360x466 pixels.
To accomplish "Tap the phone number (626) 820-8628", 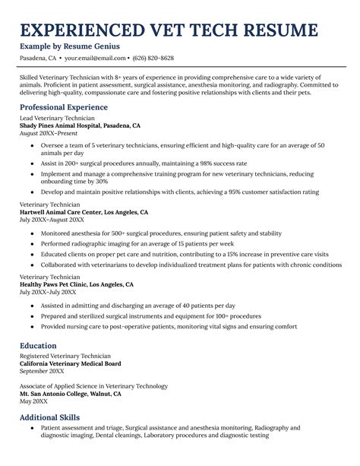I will click(153, 58).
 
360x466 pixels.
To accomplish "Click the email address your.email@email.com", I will click(95, 58).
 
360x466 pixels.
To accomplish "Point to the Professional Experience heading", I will click(64, 107).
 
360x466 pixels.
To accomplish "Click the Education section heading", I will click(42, 345).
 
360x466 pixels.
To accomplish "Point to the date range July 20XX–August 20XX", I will click(52, 220).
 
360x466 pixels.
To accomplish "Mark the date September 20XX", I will click(42, 370).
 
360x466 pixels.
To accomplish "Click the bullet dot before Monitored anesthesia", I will click(32, 233).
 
